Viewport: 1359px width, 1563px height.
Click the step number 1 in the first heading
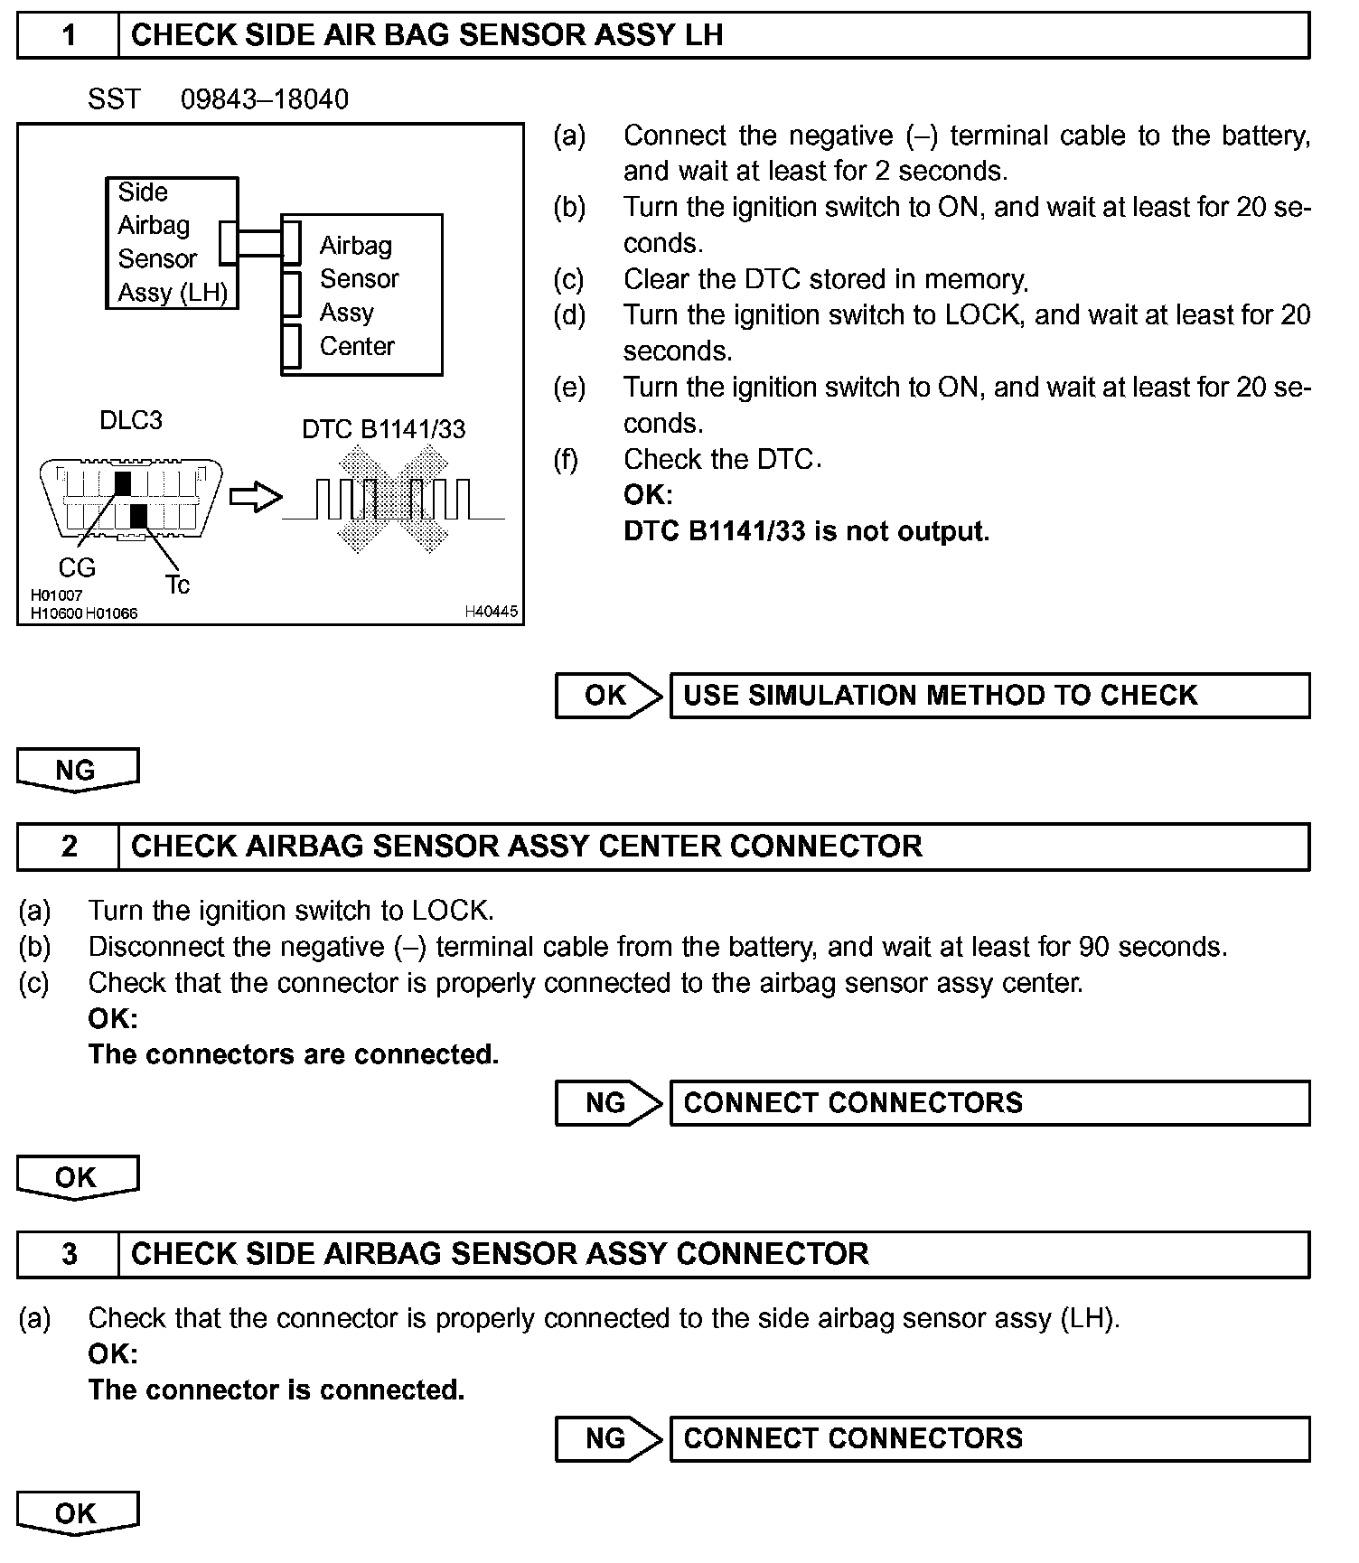[x=69, y=35]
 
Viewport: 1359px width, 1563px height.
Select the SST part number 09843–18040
[x=264, y=99]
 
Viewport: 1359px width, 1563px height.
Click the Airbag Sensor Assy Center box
[x=361, y=295]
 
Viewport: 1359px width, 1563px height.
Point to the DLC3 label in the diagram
[x=131, y=420]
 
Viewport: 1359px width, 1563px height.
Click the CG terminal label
[x=77, y=567]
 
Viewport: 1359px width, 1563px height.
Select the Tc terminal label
[x=178, y=585]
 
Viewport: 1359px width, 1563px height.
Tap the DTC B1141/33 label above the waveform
[x=383, y=429]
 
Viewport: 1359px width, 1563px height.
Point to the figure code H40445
[x=491, y=612]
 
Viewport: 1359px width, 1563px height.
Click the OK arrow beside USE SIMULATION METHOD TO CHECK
[x=608, y=696]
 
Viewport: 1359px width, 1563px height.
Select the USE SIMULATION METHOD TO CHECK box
[x=989, y=696]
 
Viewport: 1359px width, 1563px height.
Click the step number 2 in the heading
[x=69, y=847]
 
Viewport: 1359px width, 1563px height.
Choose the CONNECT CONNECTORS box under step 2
[x=989, y=1103]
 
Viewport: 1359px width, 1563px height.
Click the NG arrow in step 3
[x=608, y=1438]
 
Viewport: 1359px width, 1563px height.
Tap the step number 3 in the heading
[x=69, y=1254]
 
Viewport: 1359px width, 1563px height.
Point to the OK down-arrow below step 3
[x=77, y=1513]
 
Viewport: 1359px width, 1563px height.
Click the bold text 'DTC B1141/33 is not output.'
[x=806, y=531]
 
